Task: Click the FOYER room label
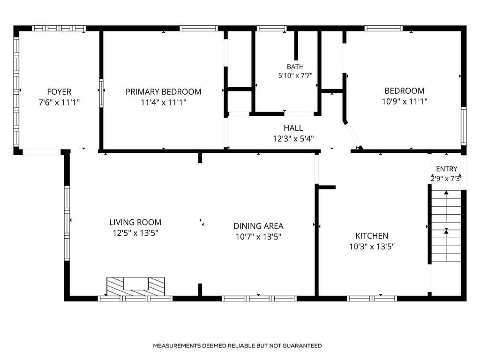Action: pos(59,91)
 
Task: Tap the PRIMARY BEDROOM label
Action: pos(164,91)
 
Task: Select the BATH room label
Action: pos(295,67)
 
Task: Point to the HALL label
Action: pos(293,128)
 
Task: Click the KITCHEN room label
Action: pos(372,236)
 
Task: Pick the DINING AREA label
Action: pos(258,226)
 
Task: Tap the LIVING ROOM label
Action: pos(135,222)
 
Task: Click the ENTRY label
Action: pos(447,169)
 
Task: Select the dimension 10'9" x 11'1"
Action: pos(405,101)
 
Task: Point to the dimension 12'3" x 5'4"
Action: pos(293,139)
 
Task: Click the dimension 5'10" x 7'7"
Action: pos(295,75)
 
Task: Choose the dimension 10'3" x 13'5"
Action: pos(372,247)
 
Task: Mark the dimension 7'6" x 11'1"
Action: pos(59,102)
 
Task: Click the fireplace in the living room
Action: pos(135,286)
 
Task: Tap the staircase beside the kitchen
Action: pos(446,226)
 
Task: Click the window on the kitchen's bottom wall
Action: pos(372,299)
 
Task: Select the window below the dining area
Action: pos(259,299)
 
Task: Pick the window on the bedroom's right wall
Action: pos(464,126)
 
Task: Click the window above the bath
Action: pos(271,29)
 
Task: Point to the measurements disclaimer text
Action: pos(237,345)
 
